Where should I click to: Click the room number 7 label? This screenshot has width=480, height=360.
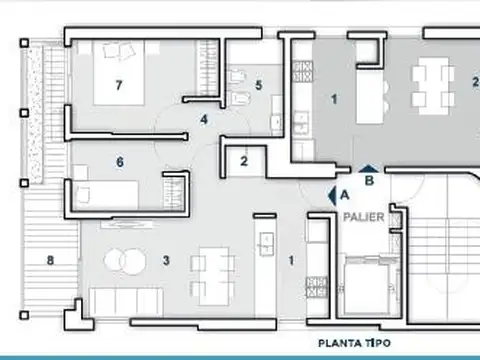point(118,85)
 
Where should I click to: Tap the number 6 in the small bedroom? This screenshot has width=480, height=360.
point(120,161)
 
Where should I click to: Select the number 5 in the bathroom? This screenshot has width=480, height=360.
point(258,86)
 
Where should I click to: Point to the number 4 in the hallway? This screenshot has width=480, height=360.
point(204,120)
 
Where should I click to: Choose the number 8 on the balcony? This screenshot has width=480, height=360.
point(49,263)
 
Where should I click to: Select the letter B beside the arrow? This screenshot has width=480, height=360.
point(369,182)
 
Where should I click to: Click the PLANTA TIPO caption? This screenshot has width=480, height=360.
point(353,342)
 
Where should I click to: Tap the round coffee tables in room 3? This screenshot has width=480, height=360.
point(125,261)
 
